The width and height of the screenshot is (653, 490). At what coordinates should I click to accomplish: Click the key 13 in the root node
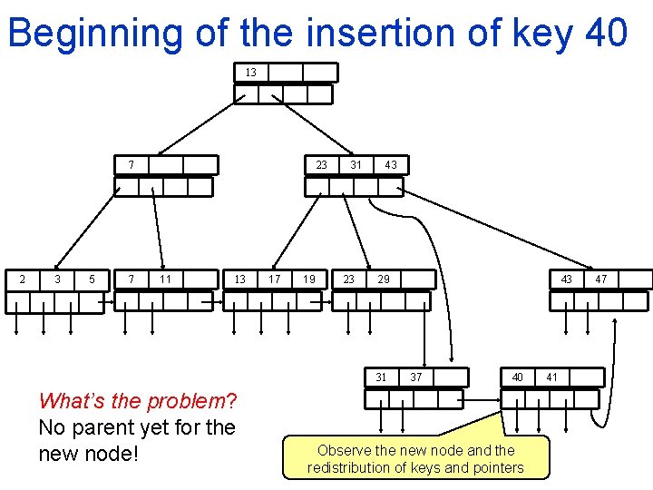point(251,73)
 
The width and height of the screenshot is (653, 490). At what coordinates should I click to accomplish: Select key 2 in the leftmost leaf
point(23,279)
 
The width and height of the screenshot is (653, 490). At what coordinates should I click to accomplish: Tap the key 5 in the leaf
point(92,279)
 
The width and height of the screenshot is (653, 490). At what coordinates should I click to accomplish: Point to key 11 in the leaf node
point(165,279)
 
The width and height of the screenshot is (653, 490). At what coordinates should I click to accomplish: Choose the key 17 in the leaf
point(274,279)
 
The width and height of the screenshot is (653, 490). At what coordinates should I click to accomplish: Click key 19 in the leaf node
point(309,279)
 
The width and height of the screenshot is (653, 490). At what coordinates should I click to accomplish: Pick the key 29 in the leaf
point(384,279)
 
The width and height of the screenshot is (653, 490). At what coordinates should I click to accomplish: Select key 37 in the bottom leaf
point(416,377)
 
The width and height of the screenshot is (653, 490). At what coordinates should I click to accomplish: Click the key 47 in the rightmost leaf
point(600,279)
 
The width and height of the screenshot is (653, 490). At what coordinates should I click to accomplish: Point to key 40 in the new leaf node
point(517,377)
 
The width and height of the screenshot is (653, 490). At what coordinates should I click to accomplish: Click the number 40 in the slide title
point(606,34)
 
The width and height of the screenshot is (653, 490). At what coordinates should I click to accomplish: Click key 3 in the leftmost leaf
point(57,279)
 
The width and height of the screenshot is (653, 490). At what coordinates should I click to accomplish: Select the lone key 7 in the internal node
point(131,165)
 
